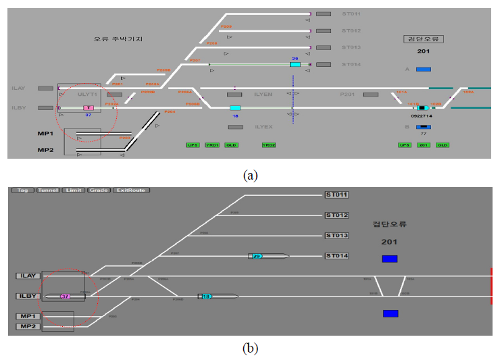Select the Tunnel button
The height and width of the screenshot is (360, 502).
pos(47,190)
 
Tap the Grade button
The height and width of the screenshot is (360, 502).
pos(98,190)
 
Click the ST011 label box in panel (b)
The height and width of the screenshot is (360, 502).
pos(336,195)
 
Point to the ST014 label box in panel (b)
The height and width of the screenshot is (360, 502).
pos(336,256)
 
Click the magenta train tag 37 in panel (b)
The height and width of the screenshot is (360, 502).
pos(66,296)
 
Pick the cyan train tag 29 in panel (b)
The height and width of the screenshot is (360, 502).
pos(257,256)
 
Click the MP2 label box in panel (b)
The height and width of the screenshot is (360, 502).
pos(28,327)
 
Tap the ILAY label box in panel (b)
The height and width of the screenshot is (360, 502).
pos(28,276)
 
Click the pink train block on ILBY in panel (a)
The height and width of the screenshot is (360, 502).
pos(88,108)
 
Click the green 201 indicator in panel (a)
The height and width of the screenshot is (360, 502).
pos(424,145)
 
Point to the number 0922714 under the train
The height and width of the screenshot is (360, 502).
pos(422,116)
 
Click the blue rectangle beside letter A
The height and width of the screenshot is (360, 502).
pos(424,69)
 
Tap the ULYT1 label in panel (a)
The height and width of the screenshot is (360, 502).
pos(88,95)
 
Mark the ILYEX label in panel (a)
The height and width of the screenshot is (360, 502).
pos(263,126)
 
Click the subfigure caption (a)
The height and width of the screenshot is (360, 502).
pos(251,175)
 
